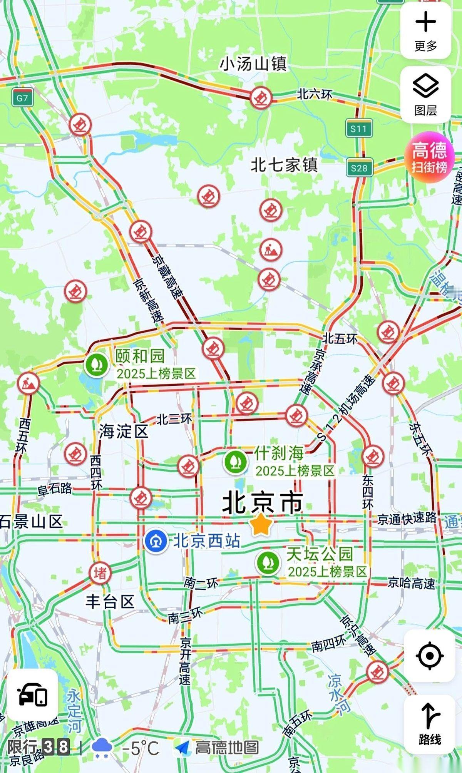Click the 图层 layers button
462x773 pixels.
(425, 94)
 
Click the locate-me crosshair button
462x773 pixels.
(429, 655)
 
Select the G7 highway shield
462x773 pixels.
(22, 98)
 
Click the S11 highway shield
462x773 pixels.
(358, 128)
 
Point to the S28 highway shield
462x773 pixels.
(359, 168)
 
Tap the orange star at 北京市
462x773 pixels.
(262, 524)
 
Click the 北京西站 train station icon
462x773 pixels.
(156, 540)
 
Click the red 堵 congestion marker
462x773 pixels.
(100, 573)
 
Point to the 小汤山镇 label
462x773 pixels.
(253, 64)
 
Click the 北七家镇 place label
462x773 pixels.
(284, 165)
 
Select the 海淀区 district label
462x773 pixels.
(123, 431)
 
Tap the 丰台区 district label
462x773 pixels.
(110, 601)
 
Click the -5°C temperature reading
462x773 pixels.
(140, 748)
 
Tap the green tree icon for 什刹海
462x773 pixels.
(236, 461)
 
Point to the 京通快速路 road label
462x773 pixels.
(407, 519)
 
